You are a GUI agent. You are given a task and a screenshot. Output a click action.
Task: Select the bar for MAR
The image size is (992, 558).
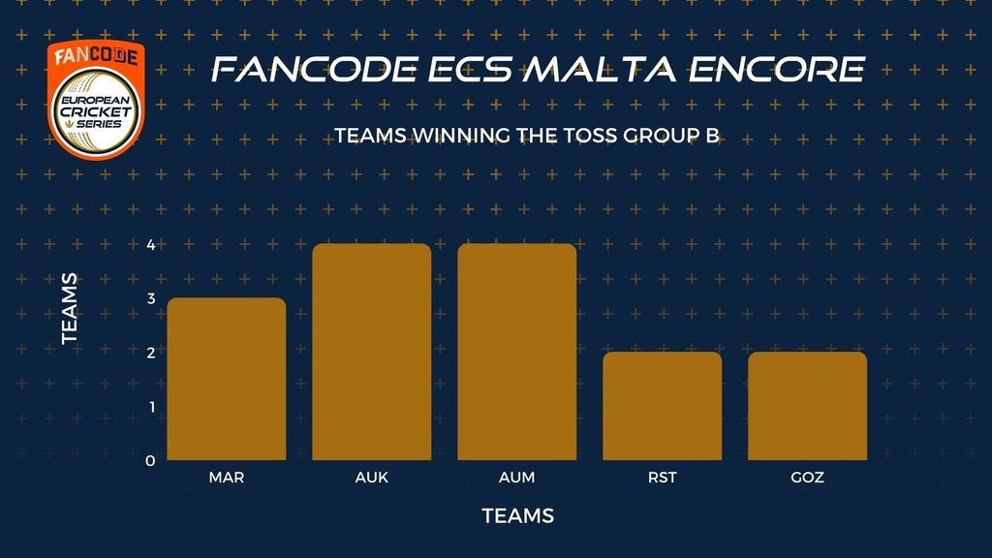click(227, 379)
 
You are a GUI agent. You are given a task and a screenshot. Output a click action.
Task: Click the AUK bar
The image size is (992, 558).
click(372, 352)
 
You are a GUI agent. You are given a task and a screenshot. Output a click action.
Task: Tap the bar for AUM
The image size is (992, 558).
click(517, 352)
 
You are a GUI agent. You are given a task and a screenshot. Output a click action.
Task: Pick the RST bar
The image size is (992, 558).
click(663, 406)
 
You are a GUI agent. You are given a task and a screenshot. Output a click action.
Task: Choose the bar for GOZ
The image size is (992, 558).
click(807, 406)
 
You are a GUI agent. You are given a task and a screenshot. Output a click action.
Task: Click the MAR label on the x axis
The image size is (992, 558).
click(227, 478)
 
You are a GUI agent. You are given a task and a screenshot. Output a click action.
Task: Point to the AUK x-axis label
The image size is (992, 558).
click(372, 478)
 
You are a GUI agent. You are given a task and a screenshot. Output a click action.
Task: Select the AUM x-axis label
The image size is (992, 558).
click(517, 478)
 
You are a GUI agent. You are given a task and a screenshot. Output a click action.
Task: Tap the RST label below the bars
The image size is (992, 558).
click(663, 478)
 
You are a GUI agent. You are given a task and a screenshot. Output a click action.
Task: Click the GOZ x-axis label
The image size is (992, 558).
click(807, 478)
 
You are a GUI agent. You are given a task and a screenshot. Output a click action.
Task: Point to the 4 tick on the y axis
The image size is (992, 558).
click(150, 245)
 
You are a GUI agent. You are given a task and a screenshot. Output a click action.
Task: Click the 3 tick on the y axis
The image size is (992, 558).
click(150, 298)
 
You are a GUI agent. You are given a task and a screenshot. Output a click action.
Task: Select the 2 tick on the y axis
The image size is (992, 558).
click(150, 353)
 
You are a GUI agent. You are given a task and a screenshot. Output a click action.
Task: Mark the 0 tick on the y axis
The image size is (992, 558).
click(150, 461)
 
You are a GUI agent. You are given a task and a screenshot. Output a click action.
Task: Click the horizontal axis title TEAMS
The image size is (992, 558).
click(518, 516)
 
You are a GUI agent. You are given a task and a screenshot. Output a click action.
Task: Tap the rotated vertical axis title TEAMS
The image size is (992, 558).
click(70, 309)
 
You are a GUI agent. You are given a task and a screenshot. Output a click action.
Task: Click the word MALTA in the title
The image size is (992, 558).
click(600, 70)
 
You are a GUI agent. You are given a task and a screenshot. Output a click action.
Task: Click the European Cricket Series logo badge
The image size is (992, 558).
click(96, 100)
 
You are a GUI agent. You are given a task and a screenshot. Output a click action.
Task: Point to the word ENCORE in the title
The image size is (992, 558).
click(776, 70)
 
